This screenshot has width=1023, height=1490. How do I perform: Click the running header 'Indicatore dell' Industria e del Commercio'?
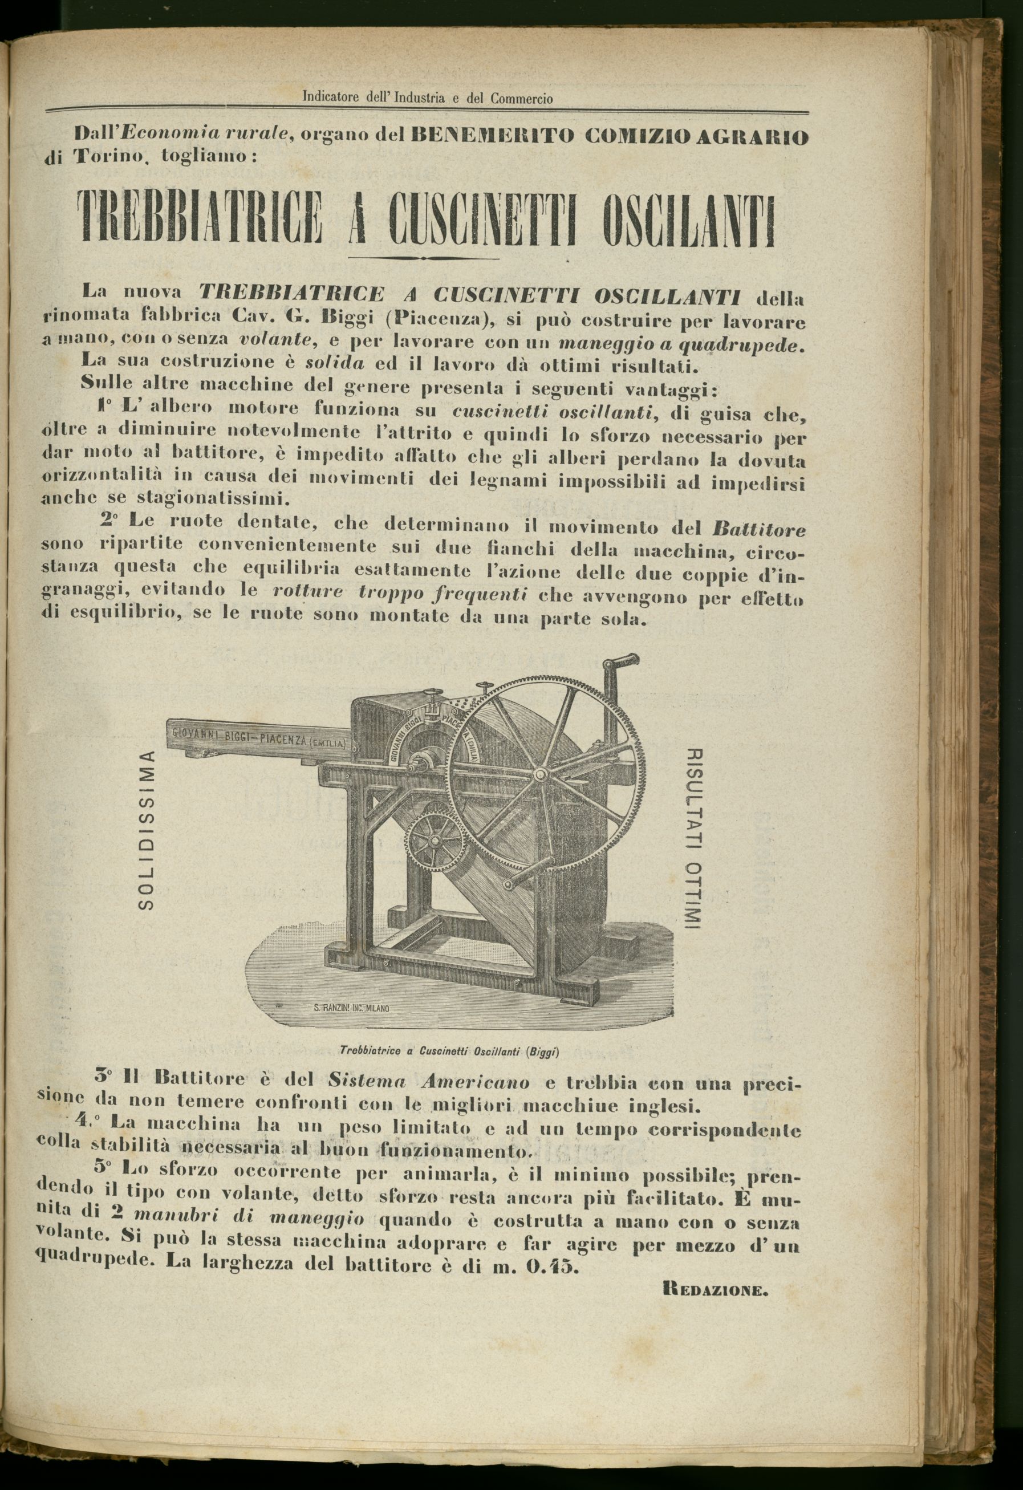point(427,99)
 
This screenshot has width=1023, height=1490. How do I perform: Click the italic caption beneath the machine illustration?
point(450,1051)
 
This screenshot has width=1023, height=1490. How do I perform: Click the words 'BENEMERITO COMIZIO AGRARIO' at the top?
point(609,136)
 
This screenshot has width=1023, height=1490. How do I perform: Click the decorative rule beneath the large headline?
point(423,258)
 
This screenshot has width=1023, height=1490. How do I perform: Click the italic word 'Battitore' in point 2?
point(759,530)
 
